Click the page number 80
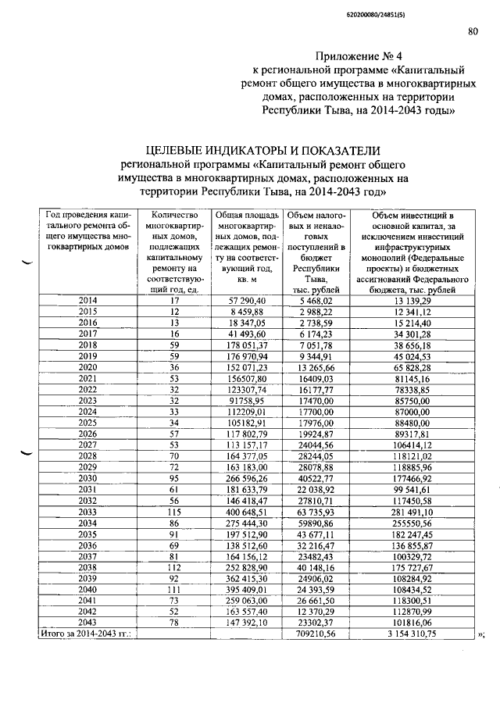473,31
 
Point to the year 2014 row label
88,300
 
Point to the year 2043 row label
88,623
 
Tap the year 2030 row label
88,478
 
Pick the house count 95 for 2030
175,478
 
